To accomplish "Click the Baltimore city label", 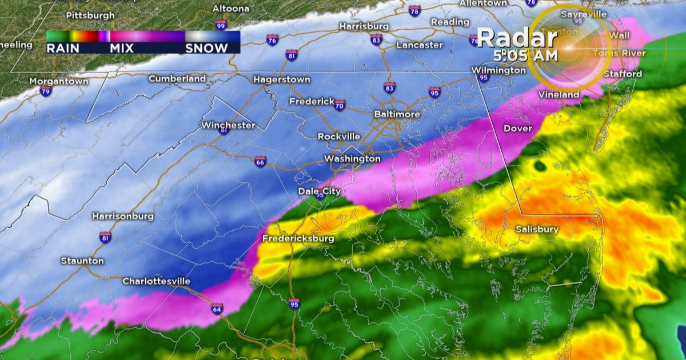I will [397, 114].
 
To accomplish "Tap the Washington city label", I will [352, 158].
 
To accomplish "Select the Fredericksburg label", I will [298, 238].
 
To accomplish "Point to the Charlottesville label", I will [156, 281].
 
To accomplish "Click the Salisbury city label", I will [537, 229].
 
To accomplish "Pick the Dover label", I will [518, 129].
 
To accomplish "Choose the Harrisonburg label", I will [123, 216].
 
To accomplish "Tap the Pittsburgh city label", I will [90, 15].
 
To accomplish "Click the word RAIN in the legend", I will [63, 49].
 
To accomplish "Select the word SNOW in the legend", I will [206, 49].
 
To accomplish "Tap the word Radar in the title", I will [517, 38].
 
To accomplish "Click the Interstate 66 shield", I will [260, 162].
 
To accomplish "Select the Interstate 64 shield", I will [217, 309].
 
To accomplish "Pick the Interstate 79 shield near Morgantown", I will [46, 91].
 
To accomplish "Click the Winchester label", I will [228, 125].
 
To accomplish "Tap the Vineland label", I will [559, 94].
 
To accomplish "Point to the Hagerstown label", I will [282, 79].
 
